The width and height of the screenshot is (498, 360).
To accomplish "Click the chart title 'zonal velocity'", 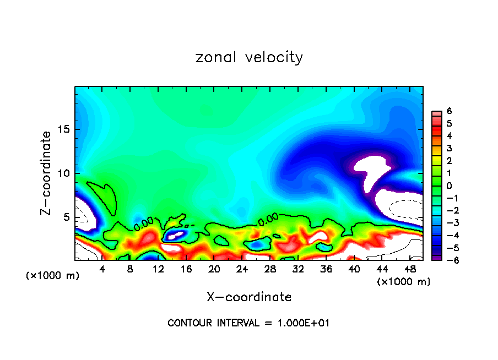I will tap(249, 57).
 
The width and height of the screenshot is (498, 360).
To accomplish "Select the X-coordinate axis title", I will tap(249, 297).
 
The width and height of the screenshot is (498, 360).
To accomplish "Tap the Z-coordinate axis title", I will tap(47, 173).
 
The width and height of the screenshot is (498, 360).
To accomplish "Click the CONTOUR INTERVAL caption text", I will tap(248, 323).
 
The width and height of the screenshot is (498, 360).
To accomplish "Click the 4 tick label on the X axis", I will tap(102, 269).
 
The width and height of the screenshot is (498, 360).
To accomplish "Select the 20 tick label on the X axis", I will tap(214, 269).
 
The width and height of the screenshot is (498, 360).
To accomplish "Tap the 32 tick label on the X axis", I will tap(298, 269).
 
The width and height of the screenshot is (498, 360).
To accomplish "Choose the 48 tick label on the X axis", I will tap(410, 269).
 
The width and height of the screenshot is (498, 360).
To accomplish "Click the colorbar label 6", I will tap(450, 111).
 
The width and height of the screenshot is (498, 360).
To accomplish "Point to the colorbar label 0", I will tap(450, 186).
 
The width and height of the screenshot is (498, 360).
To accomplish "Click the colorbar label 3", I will tap(450, 148).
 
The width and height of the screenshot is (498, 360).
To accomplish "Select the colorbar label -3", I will tap(448, 222).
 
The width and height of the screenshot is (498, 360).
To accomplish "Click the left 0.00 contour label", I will tap(143, 223).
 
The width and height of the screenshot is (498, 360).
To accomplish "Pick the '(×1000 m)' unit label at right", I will tap(403, 281).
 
